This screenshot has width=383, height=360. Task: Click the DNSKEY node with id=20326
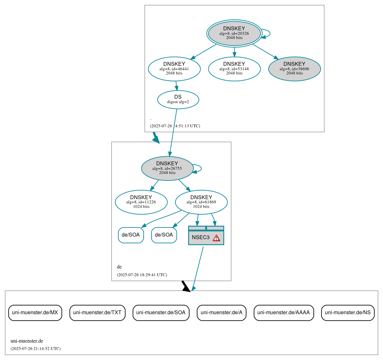tap(234, 33)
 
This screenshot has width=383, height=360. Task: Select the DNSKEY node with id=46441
tap(174, 69)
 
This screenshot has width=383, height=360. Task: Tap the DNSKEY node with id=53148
tap(234, 69)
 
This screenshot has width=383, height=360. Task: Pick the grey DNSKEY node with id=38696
tap(294, 69)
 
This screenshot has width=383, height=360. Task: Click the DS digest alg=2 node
tap(178, 99)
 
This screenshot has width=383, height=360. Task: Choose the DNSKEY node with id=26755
tap(167, 168)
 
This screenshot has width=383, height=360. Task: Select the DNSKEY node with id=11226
tap(141, 202)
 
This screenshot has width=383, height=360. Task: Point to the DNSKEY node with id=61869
tap(201, 202)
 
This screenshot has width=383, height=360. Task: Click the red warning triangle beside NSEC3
tap(216, 238)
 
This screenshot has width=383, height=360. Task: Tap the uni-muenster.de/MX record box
tap(35, 313)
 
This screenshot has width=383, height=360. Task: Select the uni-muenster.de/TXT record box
tap(97, 313)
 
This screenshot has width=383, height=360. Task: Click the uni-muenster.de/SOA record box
tap(161, 313)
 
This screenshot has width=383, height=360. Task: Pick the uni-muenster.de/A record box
tap(222, 313)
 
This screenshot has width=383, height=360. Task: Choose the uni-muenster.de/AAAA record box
tap(283, 313)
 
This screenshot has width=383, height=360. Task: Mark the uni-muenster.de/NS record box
tap(348, 313)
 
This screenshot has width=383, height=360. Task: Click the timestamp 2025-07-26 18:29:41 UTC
tap(142, 275)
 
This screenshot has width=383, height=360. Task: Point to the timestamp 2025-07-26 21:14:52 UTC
tap(35, 349)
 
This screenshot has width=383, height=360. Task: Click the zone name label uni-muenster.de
tap(27, 341)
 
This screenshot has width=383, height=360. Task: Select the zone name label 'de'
tap(119, 267)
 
